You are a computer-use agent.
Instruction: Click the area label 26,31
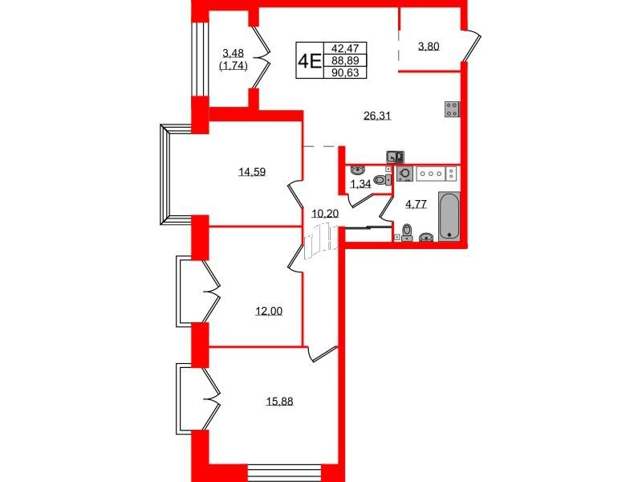[x=377, y=116]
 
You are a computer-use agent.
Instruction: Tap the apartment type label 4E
[x=309, y=62]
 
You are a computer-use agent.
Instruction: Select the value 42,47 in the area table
[x=345, y=48]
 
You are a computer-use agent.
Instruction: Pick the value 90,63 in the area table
[x=345, y=73]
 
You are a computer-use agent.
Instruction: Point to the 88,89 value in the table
[x=345, y=61]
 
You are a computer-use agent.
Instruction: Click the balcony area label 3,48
[x=233, y=53]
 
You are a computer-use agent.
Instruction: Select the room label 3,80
[x=429, y=47]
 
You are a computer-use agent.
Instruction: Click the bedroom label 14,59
[x=252, y=172]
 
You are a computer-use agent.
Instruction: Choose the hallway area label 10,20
[x=325, y=213]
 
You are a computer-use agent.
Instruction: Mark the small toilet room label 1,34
[x=360, y=184]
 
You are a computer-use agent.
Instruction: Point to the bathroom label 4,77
[x=416, y=204]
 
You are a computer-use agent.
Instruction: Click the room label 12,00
[x=269, y=312]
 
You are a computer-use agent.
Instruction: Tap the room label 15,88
[x=279, y=401]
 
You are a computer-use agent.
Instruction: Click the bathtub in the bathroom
[x=449, y=216]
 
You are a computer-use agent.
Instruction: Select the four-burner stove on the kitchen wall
[x=452, y=109]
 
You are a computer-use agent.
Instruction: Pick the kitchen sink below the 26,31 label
[x=396, y=157]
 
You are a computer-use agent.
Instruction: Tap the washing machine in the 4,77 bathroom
[x=405, y=174]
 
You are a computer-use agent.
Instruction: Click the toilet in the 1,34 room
[x=382, y=179]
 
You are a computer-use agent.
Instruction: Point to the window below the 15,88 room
[x=285, y=473]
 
